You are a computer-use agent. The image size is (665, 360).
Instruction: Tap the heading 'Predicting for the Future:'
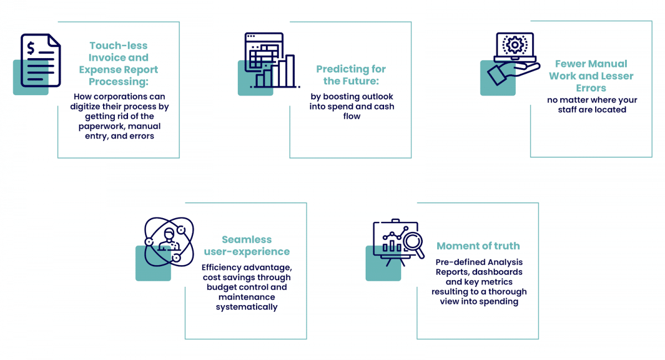tap(351, 75)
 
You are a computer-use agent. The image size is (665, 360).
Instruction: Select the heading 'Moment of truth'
tap(478, 246)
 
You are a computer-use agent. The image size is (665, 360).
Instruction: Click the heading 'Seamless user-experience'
tap(247, 245)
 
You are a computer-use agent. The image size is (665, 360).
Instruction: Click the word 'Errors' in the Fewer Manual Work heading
tap(591, 88)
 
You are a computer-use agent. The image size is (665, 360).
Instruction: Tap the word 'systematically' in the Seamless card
tap(247, 307)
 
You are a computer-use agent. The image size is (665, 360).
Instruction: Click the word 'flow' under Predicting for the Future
tap(351, 116)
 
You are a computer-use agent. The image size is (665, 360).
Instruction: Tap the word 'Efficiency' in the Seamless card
tap(223, 268)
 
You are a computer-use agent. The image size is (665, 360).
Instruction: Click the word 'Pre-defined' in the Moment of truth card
tap(459, 262)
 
